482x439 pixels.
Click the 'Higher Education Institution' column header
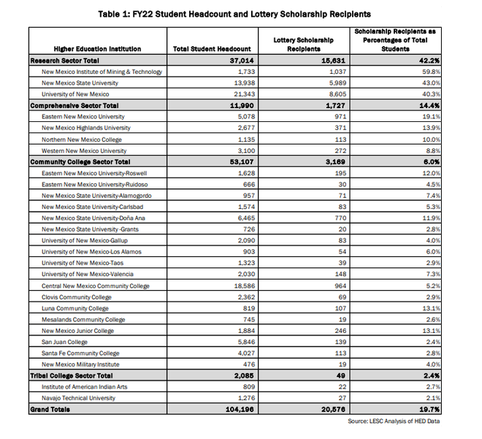point(98,49)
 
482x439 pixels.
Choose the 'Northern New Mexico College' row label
point(82,140)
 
